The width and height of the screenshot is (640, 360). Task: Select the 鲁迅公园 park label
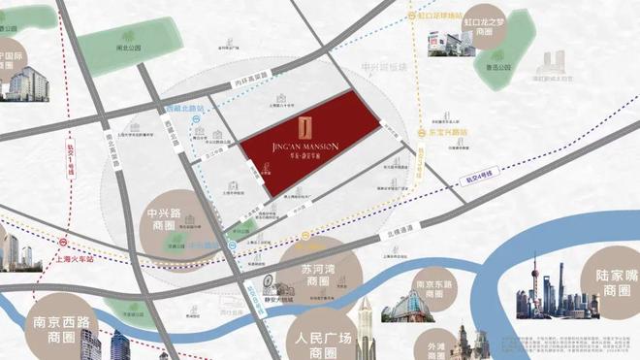pyautogui.click(x=496, y=67)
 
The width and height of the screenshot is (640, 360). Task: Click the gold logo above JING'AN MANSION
pyautogui.click(x=304, y=127)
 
